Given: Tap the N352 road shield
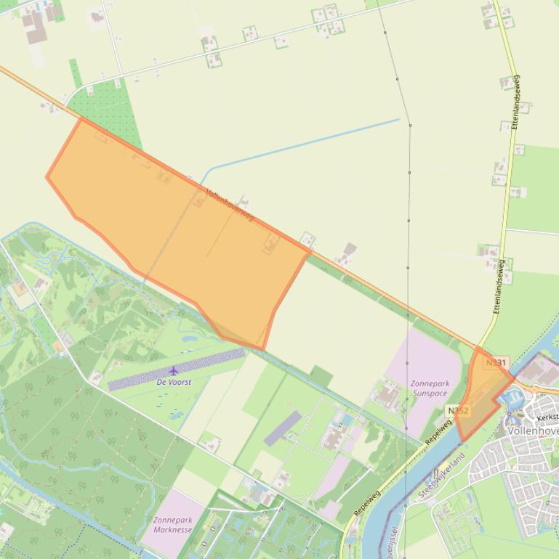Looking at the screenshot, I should click(x=458, y=411).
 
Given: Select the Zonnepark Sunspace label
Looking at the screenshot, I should click(x=430, y=388).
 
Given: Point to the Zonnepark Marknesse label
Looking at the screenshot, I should click(x=172, y=525).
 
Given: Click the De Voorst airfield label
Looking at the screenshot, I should click(x=174, y=382).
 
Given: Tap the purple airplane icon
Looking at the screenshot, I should click(x=173, y=371).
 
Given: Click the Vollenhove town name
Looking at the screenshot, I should click(x=534, y=431).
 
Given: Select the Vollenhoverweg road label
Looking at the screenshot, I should click(x=230, y=205).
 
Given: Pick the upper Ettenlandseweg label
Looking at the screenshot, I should click(x=515, y=102).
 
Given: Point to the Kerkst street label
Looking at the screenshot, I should click(x=547, y=417).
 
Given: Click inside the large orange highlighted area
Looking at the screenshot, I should click(x=182, y=232).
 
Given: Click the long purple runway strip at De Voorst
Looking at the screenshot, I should click(x=177, y=370).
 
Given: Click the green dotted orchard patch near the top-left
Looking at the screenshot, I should click(x=109, y=109).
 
